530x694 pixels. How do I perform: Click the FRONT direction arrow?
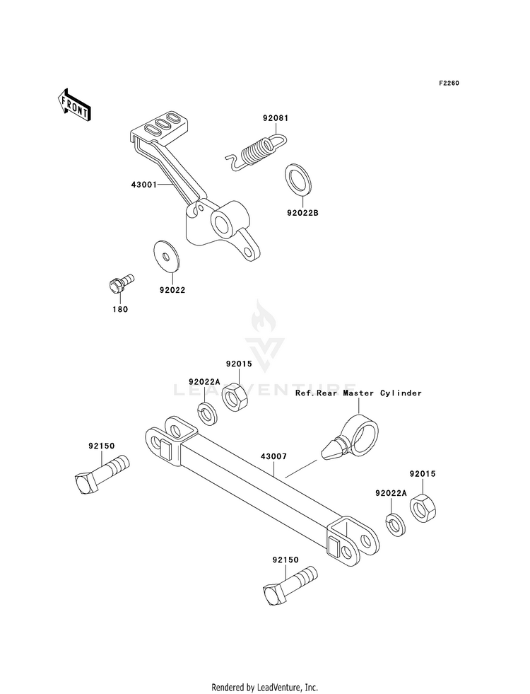click(x=74, y=105)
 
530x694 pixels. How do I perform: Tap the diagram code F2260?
click(x=449, y=83)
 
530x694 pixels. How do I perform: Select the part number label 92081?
click(x=276, y=118)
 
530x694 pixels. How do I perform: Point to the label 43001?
click(x=143, y=185)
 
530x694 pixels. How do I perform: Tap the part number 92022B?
click(x=302, y=213)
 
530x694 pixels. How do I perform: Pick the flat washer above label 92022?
click(x=167, y=255)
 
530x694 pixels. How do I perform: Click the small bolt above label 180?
click(x=121, y=283)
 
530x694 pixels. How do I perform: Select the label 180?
click(x=120, y=309)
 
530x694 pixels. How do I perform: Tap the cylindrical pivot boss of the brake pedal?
click(x=230, y=217)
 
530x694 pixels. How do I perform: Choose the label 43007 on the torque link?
click(x=273, y=456)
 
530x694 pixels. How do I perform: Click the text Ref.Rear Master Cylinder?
click(x=358, y=393)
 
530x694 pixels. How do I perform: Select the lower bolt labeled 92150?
click(x=290, y=586)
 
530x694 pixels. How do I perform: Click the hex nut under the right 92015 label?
click(x=423, y=509)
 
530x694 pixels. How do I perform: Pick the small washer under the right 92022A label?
click(x=396, y=524)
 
